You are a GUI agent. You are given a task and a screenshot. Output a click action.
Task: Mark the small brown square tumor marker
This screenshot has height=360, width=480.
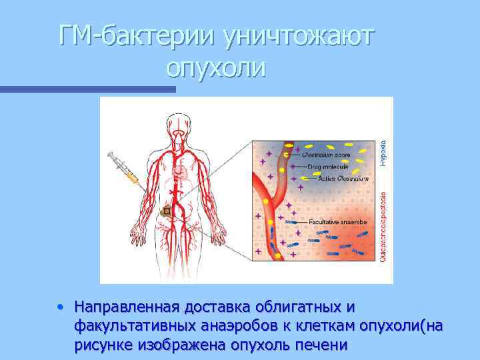pos(166,211)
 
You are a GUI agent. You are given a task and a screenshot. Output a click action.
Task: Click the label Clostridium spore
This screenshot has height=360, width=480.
pos(326,155)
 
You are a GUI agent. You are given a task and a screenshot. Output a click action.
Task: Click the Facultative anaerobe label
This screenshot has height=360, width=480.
pos(337,221)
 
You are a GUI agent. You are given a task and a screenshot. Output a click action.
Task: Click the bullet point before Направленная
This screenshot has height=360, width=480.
pos(61,308)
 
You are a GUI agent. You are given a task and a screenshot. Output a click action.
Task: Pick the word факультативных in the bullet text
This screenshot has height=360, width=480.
pos(136,327)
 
